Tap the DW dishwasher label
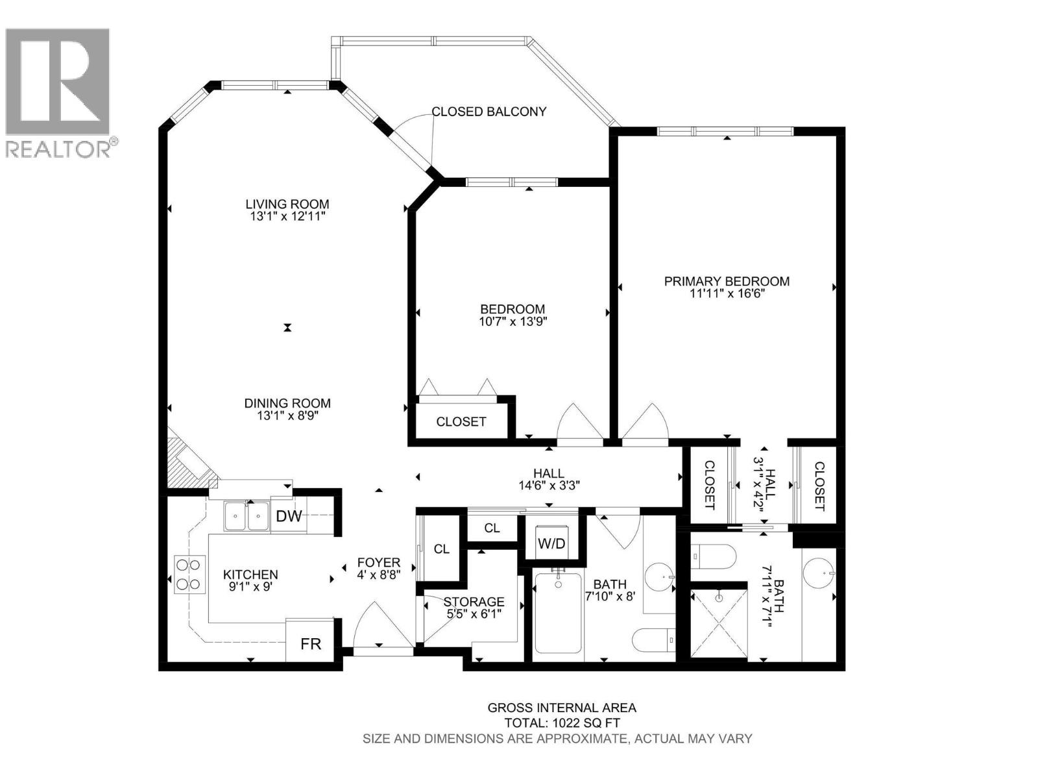pos(289,516)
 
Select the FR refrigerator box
pos(311,643)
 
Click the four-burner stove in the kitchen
pos(189,575)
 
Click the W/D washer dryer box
pos(551,542)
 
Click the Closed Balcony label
pos(489,112)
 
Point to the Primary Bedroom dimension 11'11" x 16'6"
pos(727,293)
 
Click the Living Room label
pos(287,204)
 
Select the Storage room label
pos(474,602)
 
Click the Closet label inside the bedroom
pos(461,421)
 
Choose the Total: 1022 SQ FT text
pos(562,723)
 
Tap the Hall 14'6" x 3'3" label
pos(549,479)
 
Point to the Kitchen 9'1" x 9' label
pos(250,580)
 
